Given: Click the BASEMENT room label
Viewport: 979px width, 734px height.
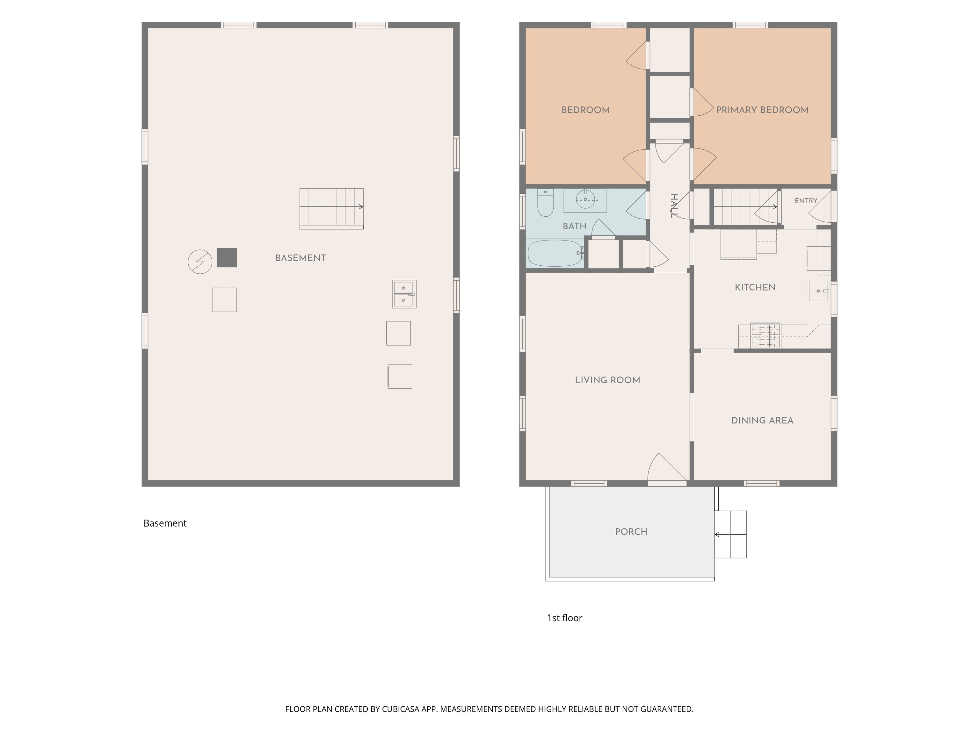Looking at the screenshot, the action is pyautogui.click(x=301, y=258).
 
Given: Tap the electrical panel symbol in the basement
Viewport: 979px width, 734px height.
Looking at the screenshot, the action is pyautogui.click(x=200, y=262).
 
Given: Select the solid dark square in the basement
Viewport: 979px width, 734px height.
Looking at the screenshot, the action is pyautogui.click(x=227, y=257).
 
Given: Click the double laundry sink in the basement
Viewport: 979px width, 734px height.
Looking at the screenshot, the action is pyautogui.click(x=404, y=294).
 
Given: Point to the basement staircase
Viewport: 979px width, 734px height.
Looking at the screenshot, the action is pyautogui.click(x=331, y=208).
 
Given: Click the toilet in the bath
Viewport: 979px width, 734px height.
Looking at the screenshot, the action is pyautogui.click(x=545, y=203).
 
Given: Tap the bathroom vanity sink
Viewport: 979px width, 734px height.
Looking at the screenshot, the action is pyautogui.click(x=585, y=199).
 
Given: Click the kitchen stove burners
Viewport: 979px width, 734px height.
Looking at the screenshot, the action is pyautogui.click(x=765, y=335).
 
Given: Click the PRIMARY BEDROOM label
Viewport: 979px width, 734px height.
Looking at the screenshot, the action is pyautogui.click(x=762, y=110).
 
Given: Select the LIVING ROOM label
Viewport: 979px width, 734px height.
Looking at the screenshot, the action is pyautogui.click(x=608, y=380).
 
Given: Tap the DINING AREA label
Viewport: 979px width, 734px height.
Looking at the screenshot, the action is pyautogui.click(x=762, y=420).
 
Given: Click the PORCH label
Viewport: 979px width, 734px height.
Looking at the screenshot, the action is pyautogui.click(x=631, y=532).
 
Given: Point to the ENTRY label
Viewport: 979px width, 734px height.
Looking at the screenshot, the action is pyautogui.click(x=806, y=201).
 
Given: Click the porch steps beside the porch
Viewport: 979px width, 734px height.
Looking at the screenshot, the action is pyautogui.click(x=730, y=535).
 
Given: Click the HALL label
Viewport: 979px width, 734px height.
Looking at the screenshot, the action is pyautogui.click(x=674, y=206).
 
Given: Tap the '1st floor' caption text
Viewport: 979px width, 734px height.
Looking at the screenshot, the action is pyautogui.click(x=565, y=618).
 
